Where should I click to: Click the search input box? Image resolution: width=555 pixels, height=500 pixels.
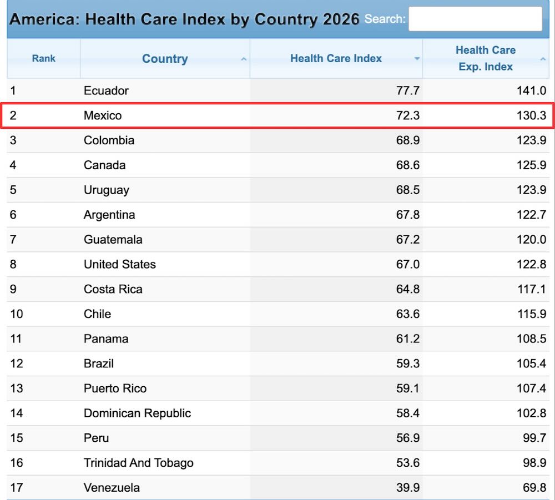pyautogui.click(x=475, y=19)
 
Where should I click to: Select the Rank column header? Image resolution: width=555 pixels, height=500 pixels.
pyautogui.click(x=43, y=58)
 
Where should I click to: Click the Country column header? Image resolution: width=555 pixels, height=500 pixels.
pyautogui.click(x=165, y=59)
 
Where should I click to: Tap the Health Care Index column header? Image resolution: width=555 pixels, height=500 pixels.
pyautogui.click(x=336, y=58)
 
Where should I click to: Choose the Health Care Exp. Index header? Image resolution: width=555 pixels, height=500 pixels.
pyautogui.click(x=486, y=58)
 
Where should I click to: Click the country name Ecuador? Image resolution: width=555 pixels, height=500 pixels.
pyautogui.click(x=106, y=90)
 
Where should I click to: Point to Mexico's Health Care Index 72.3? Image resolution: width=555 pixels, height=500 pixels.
pyautogui.click(x=408, y=115)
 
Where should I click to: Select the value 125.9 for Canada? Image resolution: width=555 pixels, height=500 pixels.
pyautogui.click(x=531, y=165)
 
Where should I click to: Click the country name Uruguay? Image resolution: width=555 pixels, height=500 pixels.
pyautogui.click(x=107, y=190)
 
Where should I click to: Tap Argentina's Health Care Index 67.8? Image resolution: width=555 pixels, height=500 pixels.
pyautogui.click(x=408, y=215)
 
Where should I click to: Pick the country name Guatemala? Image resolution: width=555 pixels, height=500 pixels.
pyautogui.click(x=113, y=240)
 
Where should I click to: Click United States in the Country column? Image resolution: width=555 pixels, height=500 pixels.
pyautogui.click(x=120, y=264)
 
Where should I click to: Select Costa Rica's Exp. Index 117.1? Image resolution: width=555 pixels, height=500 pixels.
pyautogui.click(x=532, y=289)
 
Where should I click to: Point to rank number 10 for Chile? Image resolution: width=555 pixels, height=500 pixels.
pyautogui.click(x=17, y=314)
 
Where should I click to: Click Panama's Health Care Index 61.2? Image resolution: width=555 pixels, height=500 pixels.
pyautogui.click(x=408, y=339)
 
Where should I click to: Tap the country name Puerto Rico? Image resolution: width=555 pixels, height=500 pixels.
pyautogui.click(x=115, y=388)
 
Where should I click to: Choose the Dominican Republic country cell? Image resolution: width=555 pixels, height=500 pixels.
pyautogui.click(x=137, y=413)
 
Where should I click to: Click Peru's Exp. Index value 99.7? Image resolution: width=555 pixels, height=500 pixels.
pyautogui.click(x=534, y=438)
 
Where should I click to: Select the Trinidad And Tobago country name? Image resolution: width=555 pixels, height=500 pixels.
pyautogui.click(x=138, y=463)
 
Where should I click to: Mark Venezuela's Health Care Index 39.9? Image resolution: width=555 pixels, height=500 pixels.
pyautogui.click(x=408, y=488)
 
